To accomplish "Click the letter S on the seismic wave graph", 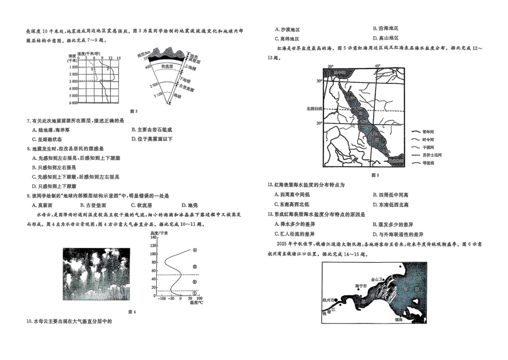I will click(x=91, y=69).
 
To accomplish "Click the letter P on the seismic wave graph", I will click(x=107, y=69).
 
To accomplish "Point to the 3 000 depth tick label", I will click(x=73, y=81).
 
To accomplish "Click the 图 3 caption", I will click(x=134, y=111).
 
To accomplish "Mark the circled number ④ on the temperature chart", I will click(x=195, y=250).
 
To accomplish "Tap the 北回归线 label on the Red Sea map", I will click(x=314, y=109).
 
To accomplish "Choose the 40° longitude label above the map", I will click(x=378, y=66).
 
